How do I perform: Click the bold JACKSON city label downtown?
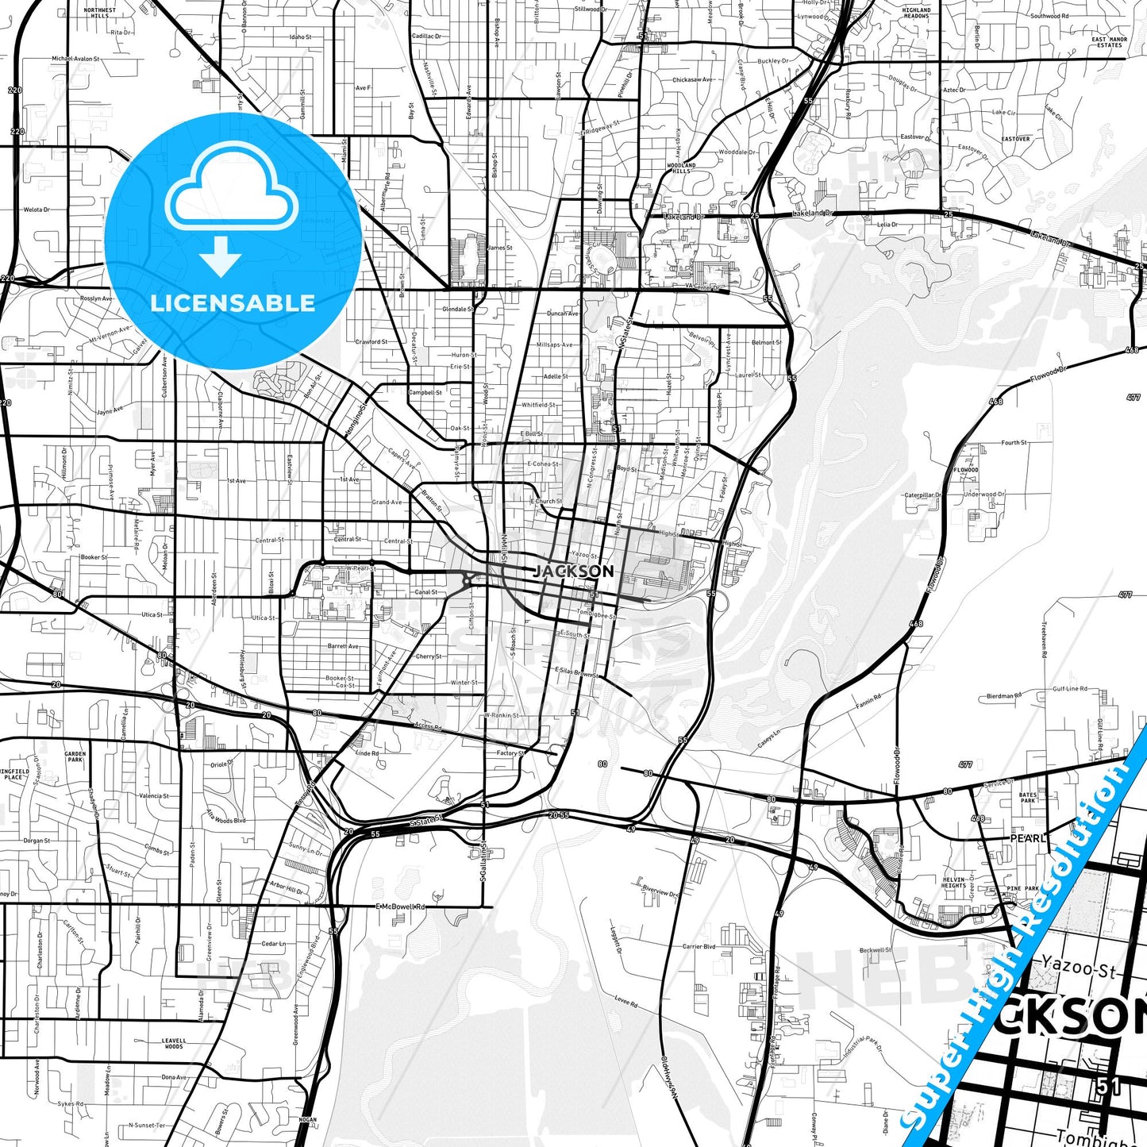click(573, 571)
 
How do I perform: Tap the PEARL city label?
click(1028, 838)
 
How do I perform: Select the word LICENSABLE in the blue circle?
click(233, 303)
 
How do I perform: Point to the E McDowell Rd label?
click(401, 906)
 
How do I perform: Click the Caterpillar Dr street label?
click(922, 495)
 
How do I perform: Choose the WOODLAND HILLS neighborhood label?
click(681, 167)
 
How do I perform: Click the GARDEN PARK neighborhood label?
click(75, 756)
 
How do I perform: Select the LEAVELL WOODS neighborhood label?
click(174, 1043)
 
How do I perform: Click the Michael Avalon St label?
click(75, 59)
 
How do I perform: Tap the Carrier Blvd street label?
click(699, 946)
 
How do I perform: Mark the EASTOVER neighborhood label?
click(1015, 139)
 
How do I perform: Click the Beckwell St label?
click(876, 950)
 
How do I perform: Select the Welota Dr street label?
click(37, 210)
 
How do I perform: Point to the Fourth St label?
click(1014, 443)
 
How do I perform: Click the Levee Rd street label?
click(626, 1002)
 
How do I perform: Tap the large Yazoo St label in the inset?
click(1079, 970)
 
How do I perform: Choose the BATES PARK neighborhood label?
click(1028, 798)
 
